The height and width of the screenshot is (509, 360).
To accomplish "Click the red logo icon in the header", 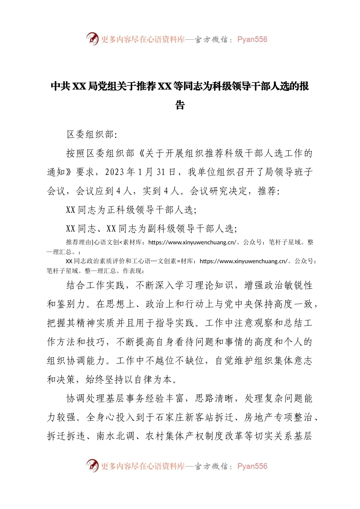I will coord(92,39).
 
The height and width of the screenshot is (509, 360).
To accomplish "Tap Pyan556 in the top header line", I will coord(252,39).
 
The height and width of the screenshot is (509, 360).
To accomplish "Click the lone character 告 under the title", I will coord(180,105).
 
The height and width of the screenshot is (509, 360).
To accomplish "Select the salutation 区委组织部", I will coord(90,134).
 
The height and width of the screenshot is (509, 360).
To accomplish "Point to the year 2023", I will coord(115,172).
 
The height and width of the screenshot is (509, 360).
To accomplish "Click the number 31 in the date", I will coord(161,172).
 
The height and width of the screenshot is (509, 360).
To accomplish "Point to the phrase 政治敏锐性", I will coord(288,286).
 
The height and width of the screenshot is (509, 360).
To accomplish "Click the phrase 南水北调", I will coord(116,436).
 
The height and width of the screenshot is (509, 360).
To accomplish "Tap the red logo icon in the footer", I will coord(92,465).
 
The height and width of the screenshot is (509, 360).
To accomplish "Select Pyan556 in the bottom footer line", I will coord(252,466).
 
